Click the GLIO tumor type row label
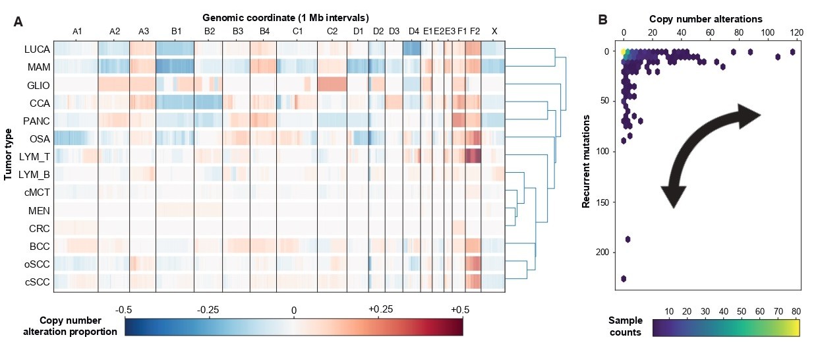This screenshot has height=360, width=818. pyautogui.click(x=38, y=86)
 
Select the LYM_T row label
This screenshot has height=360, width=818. pyautogui.click(x=34, y=157)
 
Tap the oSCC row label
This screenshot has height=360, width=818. pyautogui.click(x=37, y=264)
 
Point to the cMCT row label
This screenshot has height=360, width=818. pyautogui.click(x=37, y=193)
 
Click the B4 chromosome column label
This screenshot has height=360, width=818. pyautogui.click(x=264, y=32)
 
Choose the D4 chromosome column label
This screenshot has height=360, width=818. pyautogui.click(x=414, y=32)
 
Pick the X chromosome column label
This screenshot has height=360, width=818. pyautogui.click(x=494, y=32)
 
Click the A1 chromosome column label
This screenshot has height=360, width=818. pyautogui.click(x=77, y=32)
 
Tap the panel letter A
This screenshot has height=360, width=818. pyautogui.click(x=18, y=22)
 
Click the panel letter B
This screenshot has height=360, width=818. pyautogui.click(x=603, y=20)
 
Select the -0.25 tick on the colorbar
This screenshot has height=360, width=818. pyautogui.click(x=208, y=310)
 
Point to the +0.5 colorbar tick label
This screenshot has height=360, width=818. pyautogui.click(x=460, y=310)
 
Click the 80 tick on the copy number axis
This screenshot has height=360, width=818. pyautogui.click(x=739, y=32)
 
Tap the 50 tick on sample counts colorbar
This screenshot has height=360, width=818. pyautogui.click(x=742, y=311)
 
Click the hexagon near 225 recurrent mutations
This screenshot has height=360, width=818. pyautogui.click(x=624, y=279)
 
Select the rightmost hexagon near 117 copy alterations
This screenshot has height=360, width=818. pyautogui.click(x=792, y=52)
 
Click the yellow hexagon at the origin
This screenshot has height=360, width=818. pyautogui.click(x=624, y=52)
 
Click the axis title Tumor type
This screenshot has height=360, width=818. pyautogui.click(x=8, y=154)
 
